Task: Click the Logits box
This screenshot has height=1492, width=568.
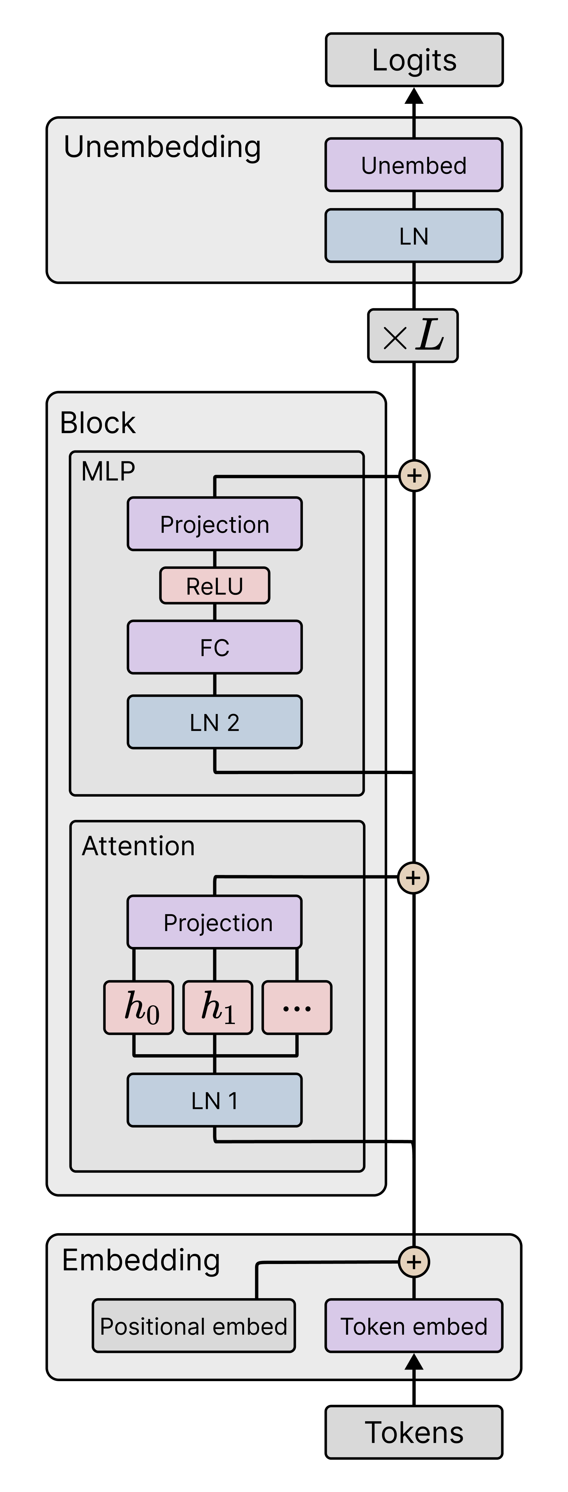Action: [414, 60]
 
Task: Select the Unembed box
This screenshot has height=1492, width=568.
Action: [414, 165]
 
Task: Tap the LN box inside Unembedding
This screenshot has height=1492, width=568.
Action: [414, 236]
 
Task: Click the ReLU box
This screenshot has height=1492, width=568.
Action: [215, 586]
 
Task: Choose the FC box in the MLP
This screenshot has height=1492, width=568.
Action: [215, 647]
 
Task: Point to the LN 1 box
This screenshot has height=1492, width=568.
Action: [215, 1100]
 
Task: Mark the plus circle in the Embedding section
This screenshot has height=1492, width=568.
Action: [414, 1262]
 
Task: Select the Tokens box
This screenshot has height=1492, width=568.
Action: [414, 1432]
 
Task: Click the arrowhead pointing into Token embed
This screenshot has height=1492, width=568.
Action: [414, 1362]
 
